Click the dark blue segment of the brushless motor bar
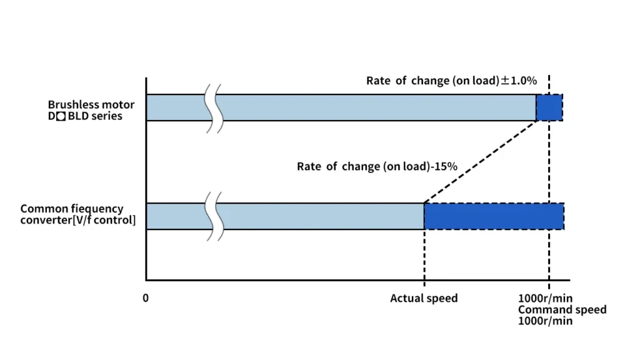click(549, 107)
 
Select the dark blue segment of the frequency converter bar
click(494, 216)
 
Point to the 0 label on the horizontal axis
click(146, 298)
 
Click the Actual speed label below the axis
click(424, 298)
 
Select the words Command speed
click(562, 309)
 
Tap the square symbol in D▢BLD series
click(61, 116)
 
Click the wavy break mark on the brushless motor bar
click(214, 107)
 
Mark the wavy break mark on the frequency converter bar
click(214, 216)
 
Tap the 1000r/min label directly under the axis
click(545, 298)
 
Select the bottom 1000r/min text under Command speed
click(545, 321)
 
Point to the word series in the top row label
click(107, 116)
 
